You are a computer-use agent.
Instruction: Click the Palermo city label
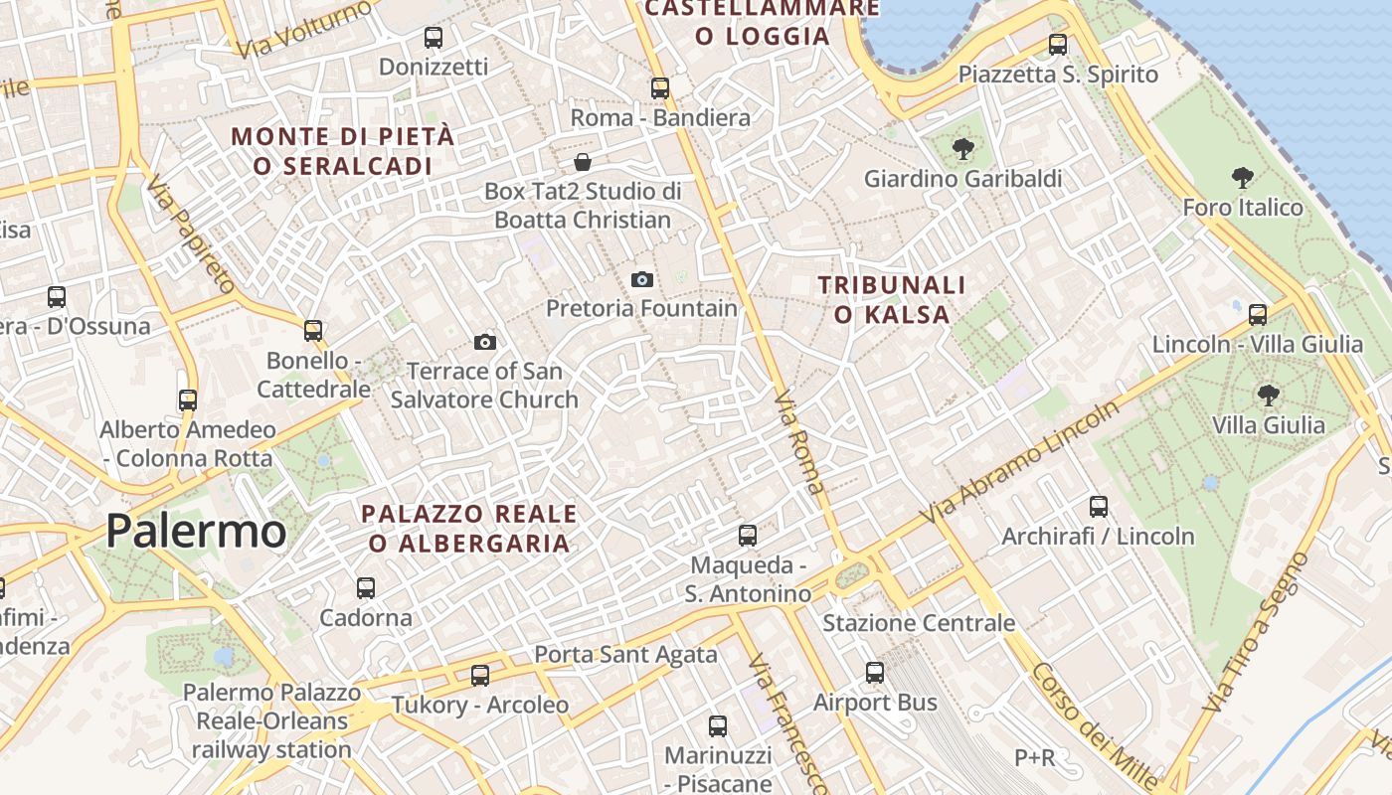click(196, 531)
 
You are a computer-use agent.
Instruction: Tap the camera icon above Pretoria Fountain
click(642, 280)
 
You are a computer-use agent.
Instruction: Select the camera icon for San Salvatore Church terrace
click(485, 343)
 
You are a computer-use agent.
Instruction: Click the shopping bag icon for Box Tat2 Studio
click(583, 162)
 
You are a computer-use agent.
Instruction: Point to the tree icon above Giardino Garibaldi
click(962, 150)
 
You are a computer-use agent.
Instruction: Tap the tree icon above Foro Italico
click(1242, 179)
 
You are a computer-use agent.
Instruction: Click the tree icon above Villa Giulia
click(1268, 396)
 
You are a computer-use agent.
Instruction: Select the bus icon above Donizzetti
click(434, 38)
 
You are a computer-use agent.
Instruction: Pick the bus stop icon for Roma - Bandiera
click(660, 88)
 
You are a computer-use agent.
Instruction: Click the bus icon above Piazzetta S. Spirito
click(1058, 45)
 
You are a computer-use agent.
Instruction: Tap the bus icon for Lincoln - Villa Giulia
click(1258, 315)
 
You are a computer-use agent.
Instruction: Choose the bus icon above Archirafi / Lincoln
click(1099, 507)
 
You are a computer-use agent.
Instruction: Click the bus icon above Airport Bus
click(875, 673)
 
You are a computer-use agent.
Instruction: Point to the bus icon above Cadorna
click(366, 588)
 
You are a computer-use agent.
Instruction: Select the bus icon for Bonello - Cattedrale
click(313, 331)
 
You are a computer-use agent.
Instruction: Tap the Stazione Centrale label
click(919, 623)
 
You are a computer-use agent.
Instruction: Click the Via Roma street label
click(799, 442)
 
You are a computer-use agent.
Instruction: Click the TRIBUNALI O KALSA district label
click(891, 300)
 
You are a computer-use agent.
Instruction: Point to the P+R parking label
click(1034, 758)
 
